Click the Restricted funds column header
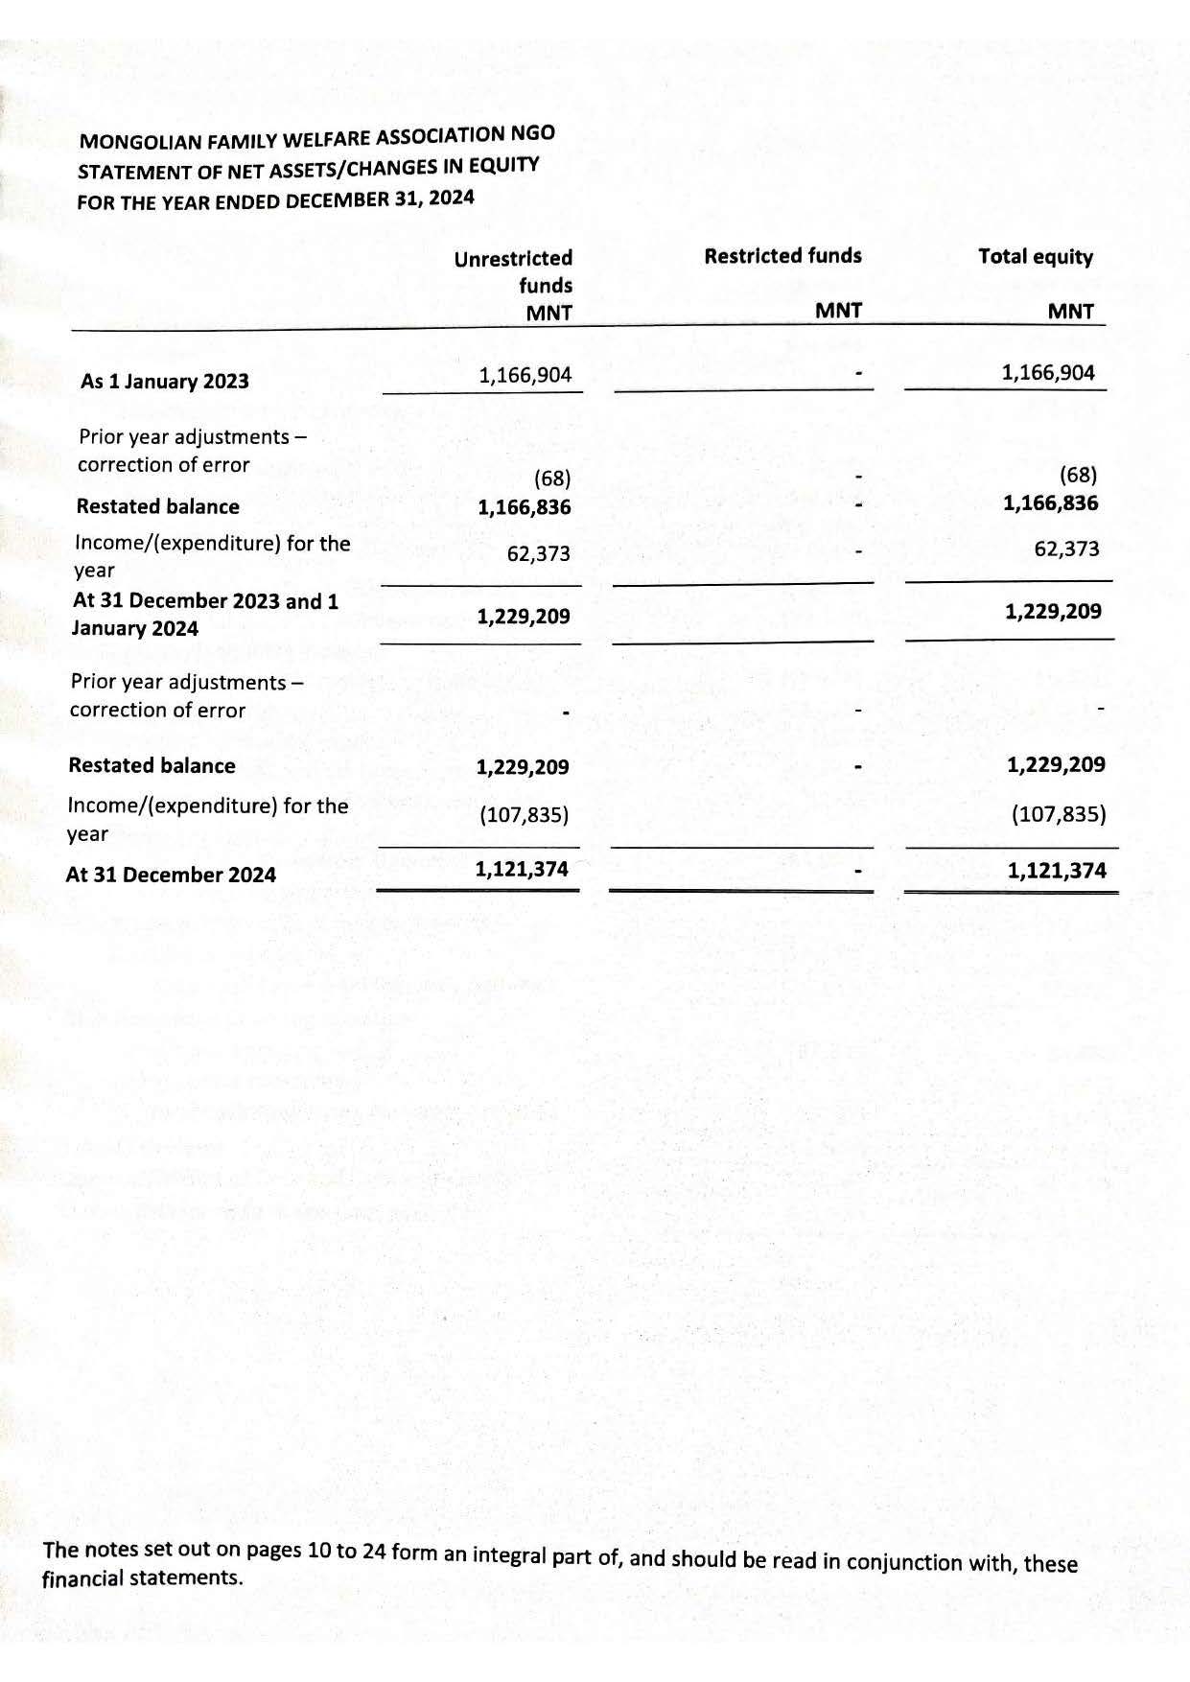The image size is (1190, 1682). (782, 256)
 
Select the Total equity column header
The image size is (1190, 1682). (1035, 257)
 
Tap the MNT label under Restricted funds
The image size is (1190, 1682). (838, 311)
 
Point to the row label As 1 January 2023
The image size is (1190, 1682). (164, 382)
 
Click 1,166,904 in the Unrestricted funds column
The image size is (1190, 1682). (525, 374)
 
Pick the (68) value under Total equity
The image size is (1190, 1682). (1078, 475)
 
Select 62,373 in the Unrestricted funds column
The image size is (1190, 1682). (538, 553)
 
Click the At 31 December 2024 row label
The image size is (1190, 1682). (171, 875)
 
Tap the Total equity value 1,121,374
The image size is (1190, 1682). (1056, 871)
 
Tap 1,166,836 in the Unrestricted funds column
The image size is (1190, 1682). (524, 506)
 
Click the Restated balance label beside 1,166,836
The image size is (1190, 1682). (157, 506)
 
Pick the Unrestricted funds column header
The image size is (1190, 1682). (514, 271)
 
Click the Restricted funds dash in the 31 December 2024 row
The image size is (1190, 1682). (858, 873)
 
